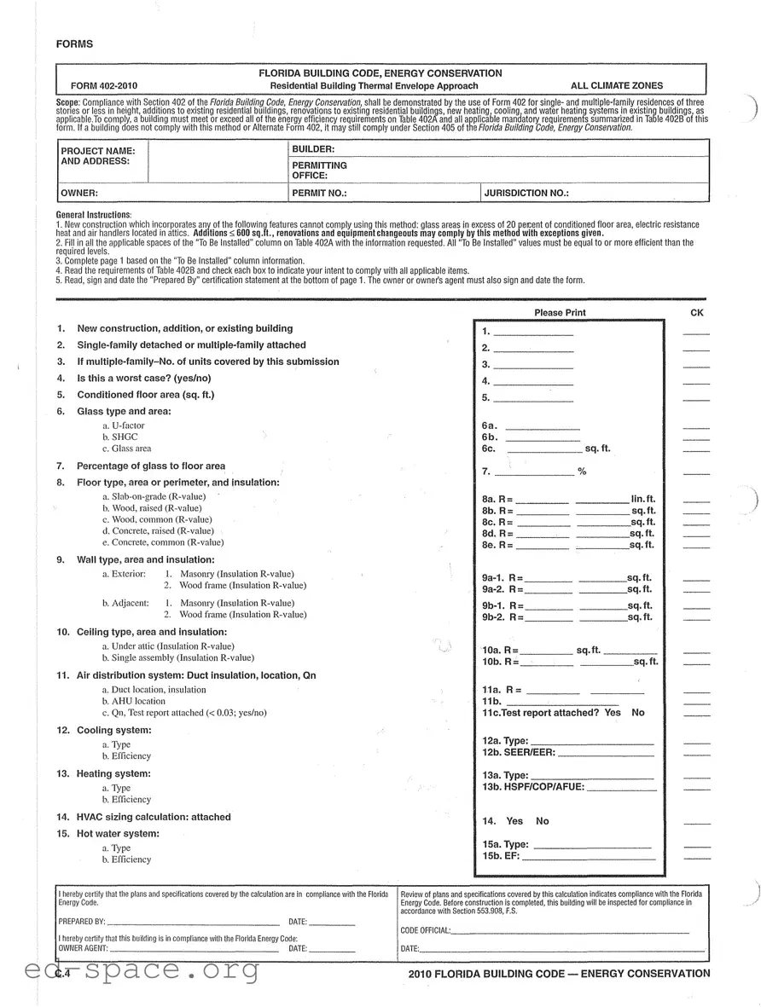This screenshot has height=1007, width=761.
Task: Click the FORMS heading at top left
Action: tap(74, 44)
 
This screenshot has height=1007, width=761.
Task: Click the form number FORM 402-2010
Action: tap(104, 86)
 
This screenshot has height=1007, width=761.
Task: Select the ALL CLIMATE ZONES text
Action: tap(616, 86)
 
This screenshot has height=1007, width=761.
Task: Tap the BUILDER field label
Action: tap(313, 149)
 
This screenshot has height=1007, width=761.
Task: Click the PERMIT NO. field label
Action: tap(319, 194)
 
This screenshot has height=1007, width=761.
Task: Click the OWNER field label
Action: tap(79, 194)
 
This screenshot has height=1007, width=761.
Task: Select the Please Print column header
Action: tap(560, 313)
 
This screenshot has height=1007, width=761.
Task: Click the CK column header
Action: tap(696, 313)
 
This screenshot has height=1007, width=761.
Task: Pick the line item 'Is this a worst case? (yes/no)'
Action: tap(143, 378)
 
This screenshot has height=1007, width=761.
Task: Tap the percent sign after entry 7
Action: tap(582, 472)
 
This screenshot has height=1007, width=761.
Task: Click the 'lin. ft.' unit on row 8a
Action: tap(642, 499)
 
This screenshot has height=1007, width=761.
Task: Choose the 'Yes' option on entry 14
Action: tap(514, 821)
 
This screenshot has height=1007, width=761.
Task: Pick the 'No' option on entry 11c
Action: tap(638, 713)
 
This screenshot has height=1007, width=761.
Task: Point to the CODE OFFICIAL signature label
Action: tap(425, 930)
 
